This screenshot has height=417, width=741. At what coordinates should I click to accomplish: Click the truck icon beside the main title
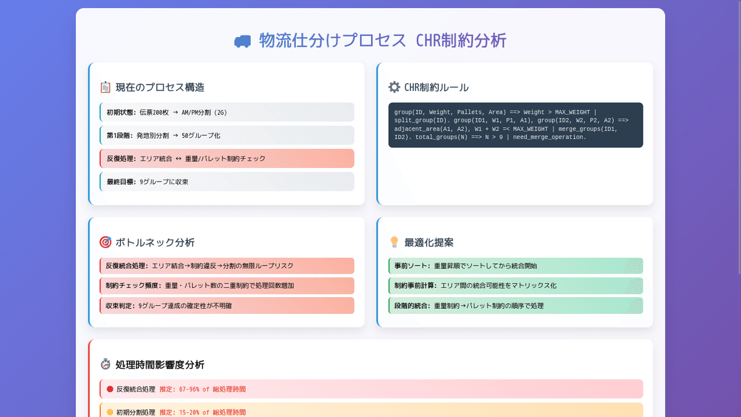click(x=242, y=41)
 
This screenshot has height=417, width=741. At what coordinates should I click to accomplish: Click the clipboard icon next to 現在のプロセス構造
click(x=105, y=88)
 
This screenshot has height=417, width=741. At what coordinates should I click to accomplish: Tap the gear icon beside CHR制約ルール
click(x=394, y=88)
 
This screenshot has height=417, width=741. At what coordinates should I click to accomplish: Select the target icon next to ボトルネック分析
click(x=105, y=243)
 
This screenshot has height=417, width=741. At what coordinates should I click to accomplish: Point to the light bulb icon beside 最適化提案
click(x=394, y=242)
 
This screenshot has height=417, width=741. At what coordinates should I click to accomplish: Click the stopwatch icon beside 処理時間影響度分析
click(x=105, y=364)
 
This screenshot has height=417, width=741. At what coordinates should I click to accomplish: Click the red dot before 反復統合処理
click(x=110, y=389)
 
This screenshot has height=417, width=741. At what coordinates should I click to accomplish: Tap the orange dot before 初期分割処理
click(x=110, y=412)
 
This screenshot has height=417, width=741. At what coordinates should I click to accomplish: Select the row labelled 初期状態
click(x=227, y=112)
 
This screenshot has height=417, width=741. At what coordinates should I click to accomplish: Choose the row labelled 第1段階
click(x=227, y=135)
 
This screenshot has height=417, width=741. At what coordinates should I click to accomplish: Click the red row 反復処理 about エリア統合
click(x=227, y=158)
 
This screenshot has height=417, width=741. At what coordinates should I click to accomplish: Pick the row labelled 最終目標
click(x=227, y=182)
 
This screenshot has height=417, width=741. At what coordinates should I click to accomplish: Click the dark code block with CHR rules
click(x=516, y=125)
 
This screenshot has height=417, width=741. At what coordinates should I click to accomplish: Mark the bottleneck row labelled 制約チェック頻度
click(x=227, y=285)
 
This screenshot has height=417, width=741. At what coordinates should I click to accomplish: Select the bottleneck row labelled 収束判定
click(x=227, y=305)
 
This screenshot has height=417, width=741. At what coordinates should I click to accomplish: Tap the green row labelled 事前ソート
click(x=516, y=266)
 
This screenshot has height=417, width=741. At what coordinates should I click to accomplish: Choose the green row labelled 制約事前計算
click(x=516, y=285)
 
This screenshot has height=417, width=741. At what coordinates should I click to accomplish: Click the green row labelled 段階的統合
click(x=516, y=305)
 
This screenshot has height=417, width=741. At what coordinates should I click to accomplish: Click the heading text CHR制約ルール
click(x=437, y=88)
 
